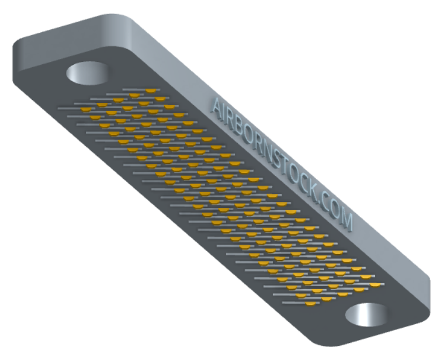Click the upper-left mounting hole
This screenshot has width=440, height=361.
pyautogui.click(x=88, y=72)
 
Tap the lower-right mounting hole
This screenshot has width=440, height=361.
pyautogui.click(x=366, y=314)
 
